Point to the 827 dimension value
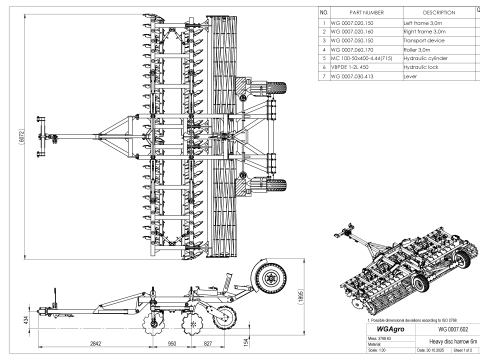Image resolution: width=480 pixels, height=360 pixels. (207, 343)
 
